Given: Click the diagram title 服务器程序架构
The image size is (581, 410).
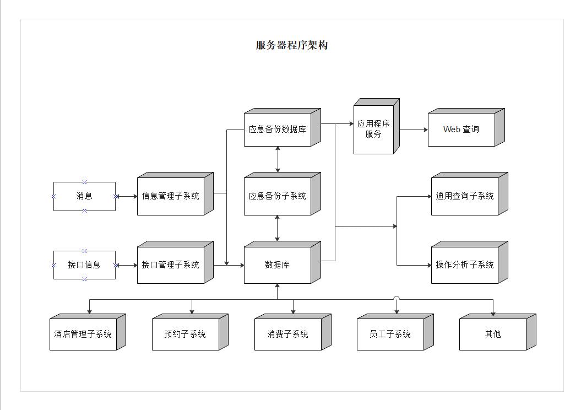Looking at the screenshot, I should [291, 45].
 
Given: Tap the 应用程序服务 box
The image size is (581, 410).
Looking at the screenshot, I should [373, 130].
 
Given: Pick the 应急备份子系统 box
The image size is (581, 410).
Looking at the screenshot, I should [278, 196].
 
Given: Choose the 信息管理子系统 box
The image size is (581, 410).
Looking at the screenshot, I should [171, 196].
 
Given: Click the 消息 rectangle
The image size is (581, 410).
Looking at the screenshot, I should [84, 196].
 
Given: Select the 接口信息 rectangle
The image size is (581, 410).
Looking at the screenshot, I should [84, 265].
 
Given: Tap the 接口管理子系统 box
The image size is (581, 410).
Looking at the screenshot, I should [171, 265].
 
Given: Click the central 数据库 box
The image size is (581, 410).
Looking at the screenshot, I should [278, 265].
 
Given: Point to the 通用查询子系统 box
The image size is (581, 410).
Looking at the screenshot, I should [465, 196].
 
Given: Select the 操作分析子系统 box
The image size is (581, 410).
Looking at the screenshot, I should [465, 265].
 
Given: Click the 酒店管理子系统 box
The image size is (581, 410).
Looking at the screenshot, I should [83, 335].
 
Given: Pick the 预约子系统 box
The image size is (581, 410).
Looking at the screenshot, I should [186, 335].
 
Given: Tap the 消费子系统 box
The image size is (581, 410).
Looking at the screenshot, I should [288, 335].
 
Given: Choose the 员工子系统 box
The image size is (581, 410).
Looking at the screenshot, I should [390, 335].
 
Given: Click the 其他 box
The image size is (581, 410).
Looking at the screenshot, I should [493, 335].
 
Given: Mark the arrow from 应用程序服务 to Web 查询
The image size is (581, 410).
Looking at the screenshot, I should [413, 130].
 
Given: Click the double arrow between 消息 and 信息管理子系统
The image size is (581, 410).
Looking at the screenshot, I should [126, 196].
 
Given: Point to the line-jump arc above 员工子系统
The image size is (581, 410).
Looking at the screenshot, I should [397, 298].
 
